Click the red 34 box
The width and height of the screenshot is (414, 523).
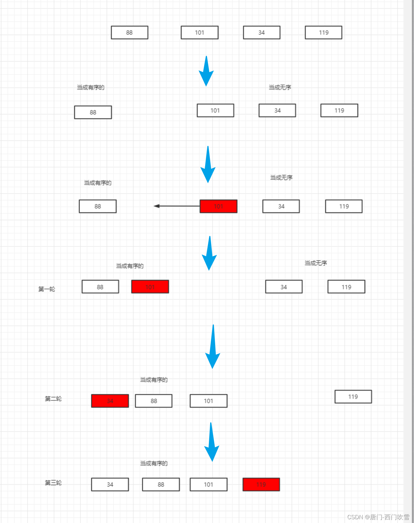click(110, 401)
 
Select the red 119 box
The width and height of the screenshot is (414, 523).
click(261, 484)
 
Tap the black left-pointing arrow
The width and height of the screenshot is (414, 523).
click(176, 206)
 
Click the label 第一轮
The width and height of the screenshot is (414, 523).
click(47, 289)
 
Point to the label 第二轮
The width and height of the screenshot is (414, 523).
click(53, 399)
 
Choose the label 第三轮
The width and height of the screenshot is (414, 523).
click(53, 483)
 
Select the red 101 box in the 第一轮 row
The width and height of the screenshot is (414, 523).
click(150, 287)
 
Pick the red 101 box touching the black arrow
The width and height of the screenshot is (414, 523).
click(218, 206)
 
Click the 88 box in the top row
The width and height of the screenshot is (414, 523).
click(129, 32)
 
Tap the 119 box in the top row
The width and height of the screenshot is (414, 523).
click(323, 32)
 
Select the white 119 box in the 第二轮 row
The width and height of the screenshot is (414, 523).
click(353, 397)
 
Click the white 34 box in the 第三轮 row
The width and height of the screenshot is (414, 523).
click(110, 484)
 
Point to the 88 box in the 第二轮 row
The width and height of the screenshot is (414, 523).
click(154, 401)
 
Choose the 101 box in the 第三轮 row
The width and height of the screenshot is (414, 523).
click(208, 484)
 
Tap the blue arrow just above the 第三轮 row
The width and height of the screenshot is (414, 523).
click(211, 442)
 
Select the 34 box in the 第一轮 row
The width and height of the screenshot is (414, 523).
click(283, 287)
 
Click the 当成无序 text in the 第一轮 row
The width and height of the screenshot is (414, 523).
click(316, 263)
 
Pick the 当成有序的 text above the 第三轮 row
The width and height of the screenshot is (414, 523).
click(154, 463)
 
